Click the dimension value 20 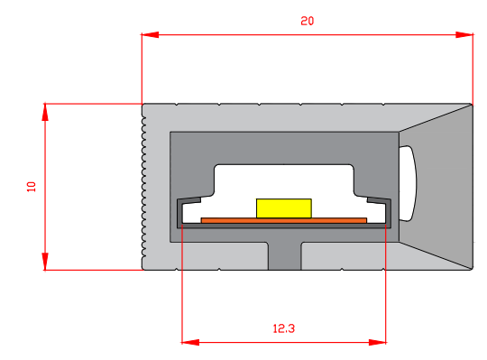307,21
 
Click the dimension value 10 32,187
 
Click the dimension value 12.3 283,328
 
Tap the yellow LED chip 283,208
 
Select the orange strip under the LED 283,219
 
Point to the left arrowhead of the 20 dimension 150,35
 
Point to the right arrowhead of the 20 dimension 464,35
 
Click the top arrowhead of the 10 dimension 45,111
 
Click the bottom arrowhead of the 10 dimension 45,262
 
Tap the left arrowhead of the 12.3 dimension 189,342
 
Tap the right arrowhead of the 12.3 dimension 379,342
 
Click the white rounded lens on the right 409,183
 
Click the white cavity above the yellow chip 283,180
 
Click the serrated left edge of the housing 143,187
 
